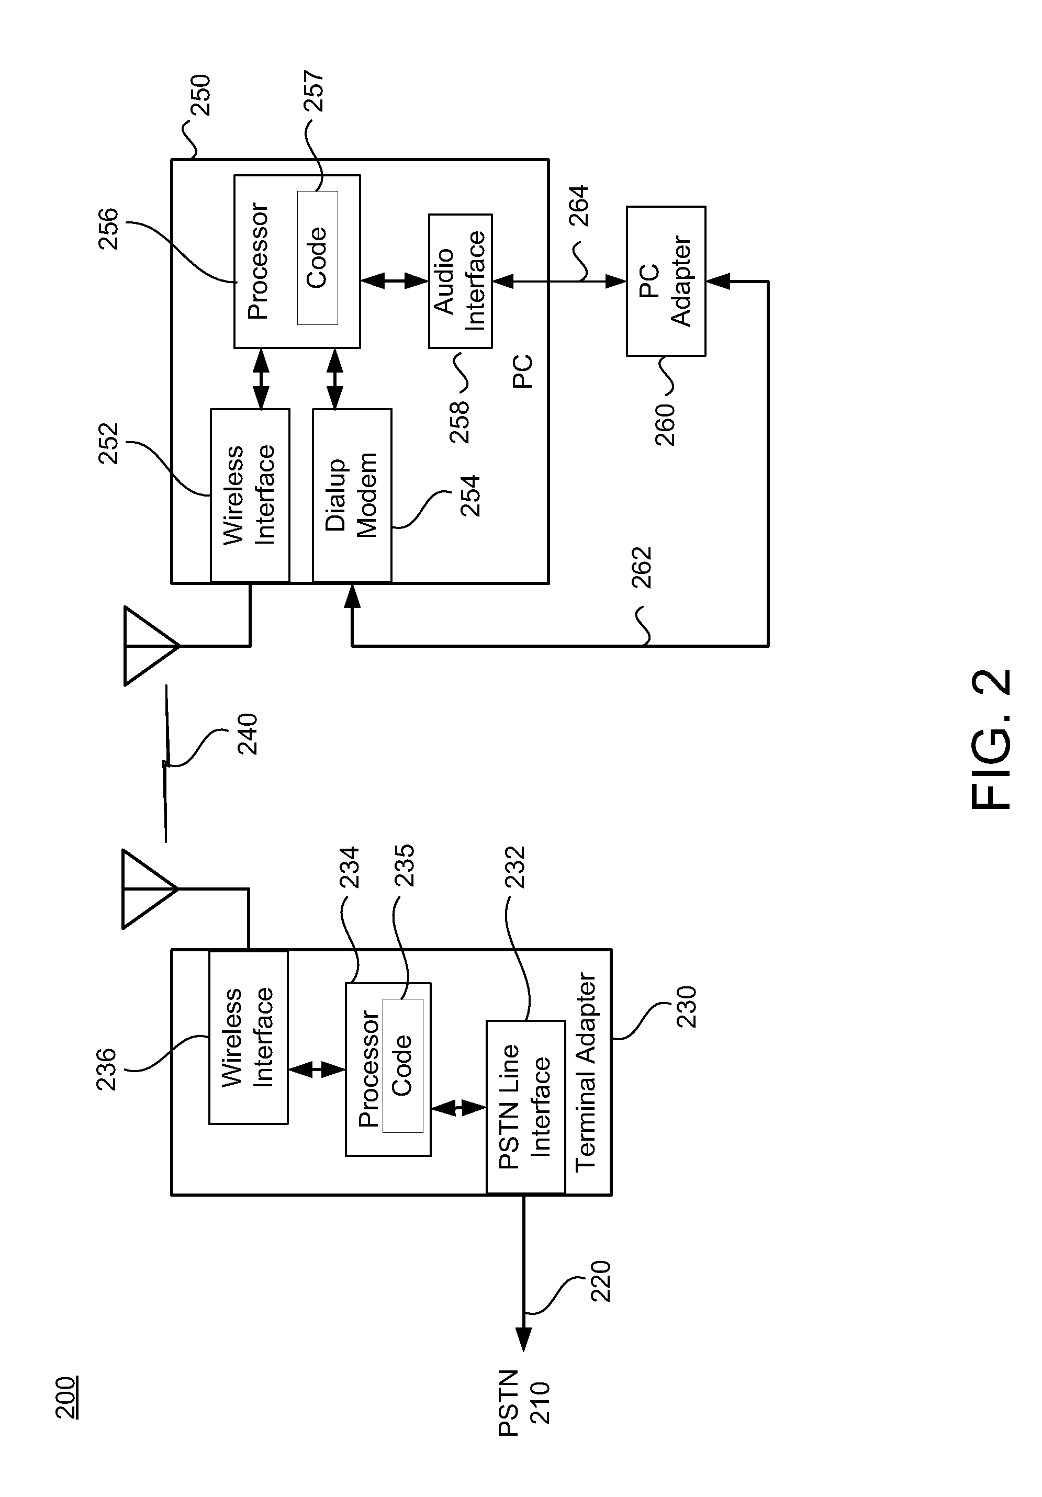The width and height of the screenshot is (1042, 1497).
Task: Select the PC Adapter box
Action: tap(665, 281)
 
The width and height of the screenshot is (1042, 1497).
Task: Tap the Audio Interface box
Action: tap(460, 281)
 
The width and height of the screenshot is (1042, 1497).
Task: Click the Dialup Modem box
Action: tap(352, 495)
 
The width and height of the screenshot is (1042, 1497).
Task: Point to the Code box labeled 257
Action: tap(318, 257)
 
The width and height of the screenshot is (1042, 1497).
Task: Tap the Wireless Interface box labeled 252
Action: tap(250, 495)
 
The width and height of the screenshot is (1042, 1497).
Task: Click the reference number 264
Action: tap(578, 206)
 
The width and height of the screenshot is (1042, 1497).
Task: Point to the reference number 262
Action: tap(642, 567)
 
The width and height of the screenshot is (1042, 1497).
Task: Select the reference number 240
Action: tap(247, 734)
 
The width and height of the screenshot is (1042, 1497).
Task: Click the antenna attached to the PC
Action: tap(150, 646)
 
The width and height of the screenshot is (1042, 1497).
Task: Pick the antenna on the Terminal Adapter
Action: tap(149, 888)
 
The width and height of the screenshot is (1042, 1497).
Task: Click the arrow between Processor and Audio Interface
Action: tap(395, 281)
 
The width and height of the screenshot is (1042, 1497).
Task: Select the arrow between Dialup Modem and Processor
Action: tap(334, 378)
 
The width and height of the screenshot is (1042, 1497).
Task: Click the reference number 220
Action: tap(600, 1281)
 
